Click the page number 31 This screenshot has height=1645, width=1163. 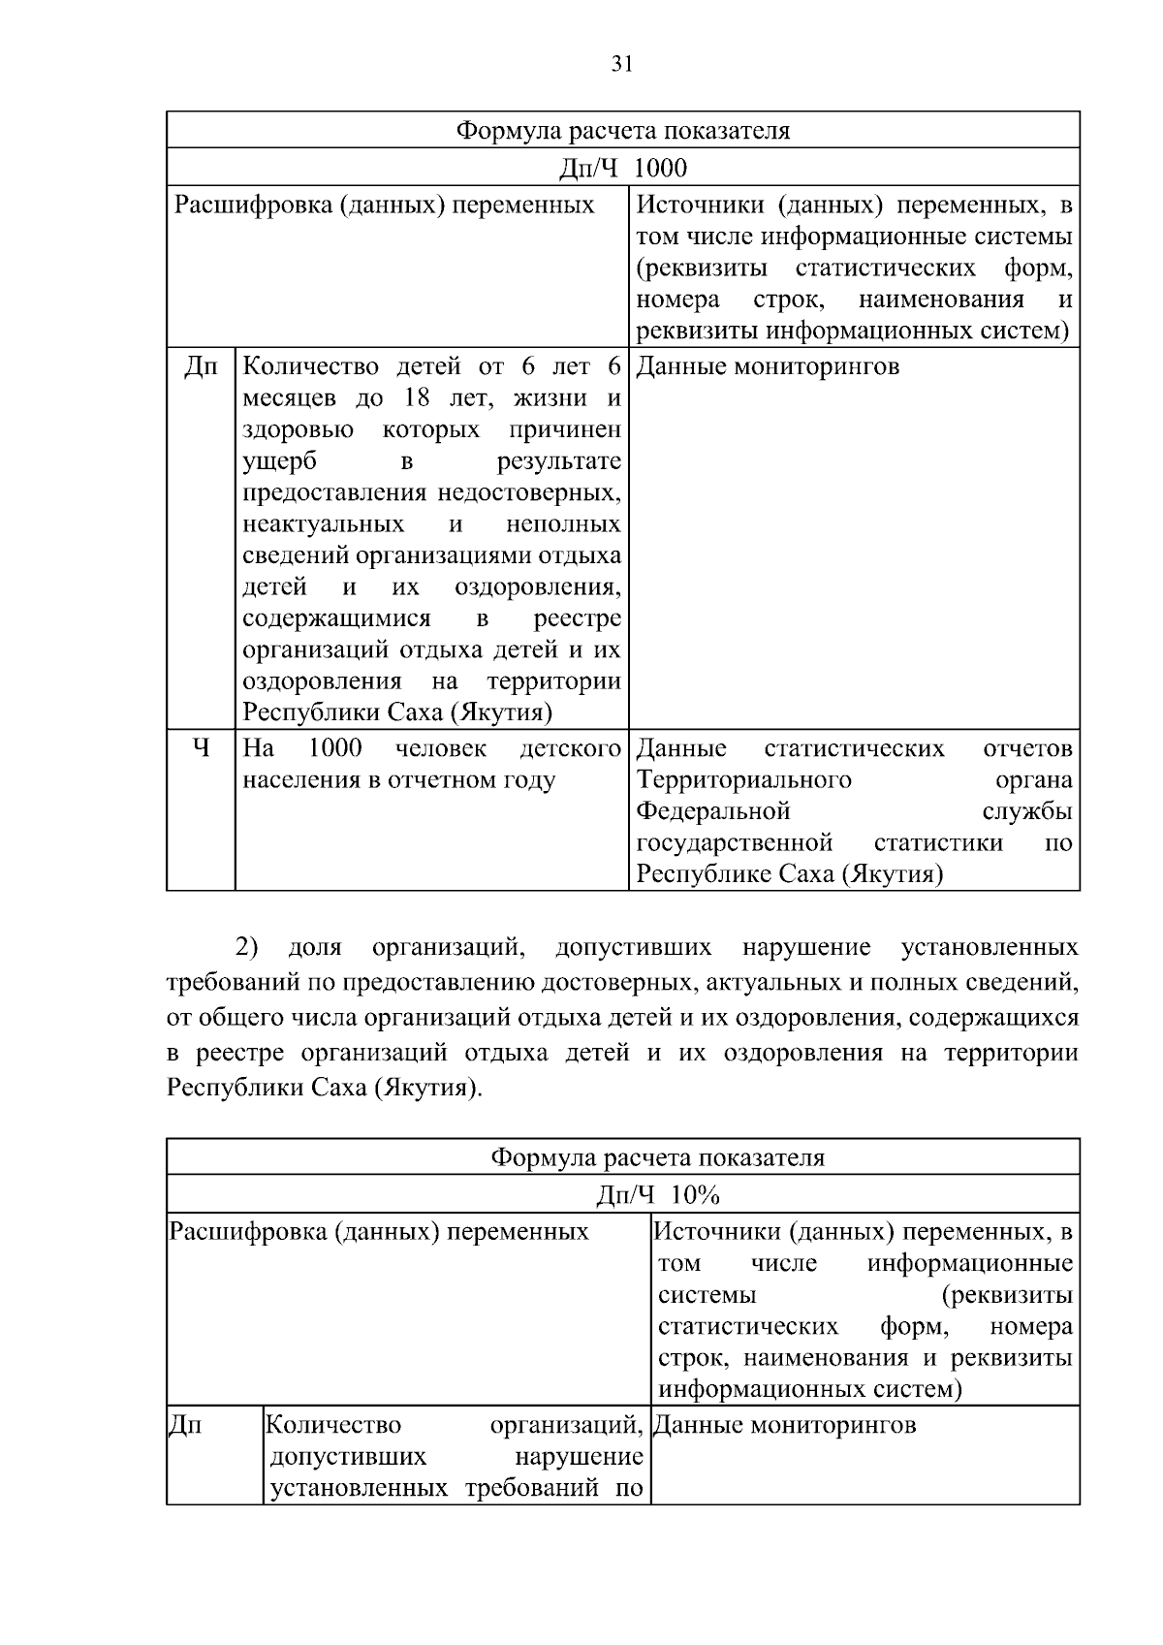click(622, 64)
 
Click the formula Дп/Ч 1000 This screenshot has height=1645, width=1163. click(623, 169)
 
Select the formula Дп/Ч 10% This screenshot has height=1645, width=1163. click(657, 1194)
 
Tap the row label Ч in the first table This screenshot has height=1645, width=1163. click(200, 748)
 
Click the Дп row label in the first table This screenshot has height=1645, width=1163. click(200, 367)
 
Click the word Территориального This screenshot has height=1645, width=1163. click(743, 780)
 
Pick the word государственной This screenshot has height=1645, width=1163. click(735, 842)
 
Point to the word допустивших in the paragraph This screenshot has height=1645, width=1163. click(634, 947)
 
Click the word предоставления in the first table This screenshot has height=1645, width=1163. click(335, 493)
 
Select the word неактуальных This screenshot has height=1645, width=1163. click(323, 524)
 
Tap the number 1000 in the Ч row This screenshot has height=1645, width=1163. click(334, 748)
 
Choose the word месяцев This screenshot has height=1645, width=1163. click(289, 398)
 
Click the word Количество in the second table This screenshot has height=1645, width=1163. click(333, 1425)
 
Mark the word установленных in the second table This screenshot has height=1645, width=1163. click(359, 1488)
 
